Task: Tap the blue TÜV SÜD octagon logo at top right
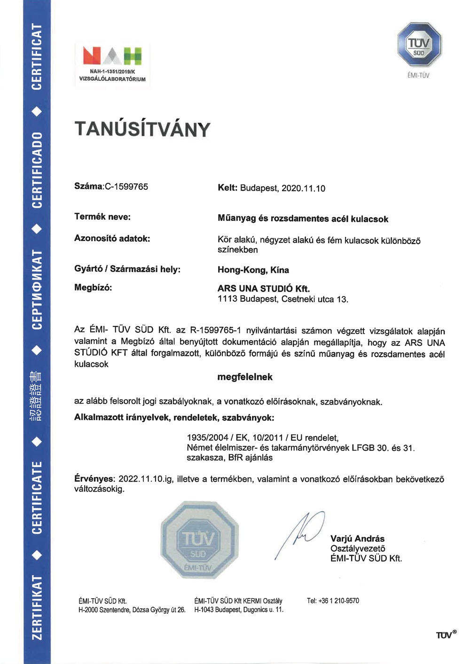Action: (419, 45)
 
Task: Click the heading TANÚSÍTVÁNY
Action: (142, 129)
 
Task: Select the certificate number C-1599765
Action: (126, 187)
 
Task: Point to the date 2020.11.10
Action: (303, 188)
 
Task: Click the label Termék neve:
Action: (102, 217)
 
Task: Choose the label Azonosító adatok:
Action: (112, 238)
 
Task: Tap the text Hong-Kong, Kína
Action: (253, 270)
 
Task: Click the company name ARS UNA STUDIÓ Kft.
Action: (263, 289)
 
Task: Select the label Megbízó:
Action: (93, 287)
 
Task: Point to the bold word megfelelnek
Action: (245, 377)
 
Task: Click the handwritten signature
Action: (301, 533)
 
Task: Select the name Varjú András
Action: (357, 539)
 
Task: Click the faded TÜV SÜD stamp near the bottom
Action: (199, 539)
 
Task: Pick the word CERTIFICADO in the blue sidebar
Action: (37, 170)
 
